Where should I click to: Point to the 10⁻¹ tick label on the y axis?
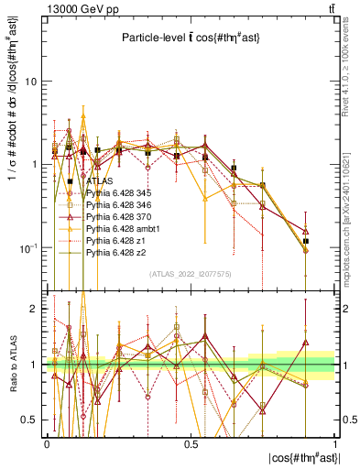(28, 247)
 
